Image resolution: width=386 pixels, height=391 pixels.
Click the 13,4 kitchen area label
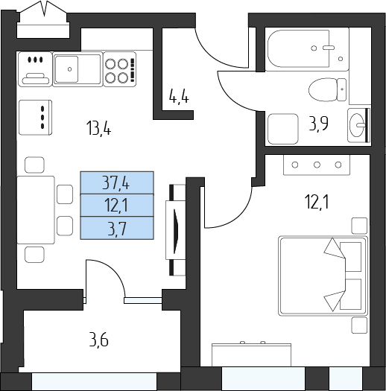98,127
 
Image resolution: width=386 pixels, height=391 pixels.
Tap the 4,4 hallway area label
179,97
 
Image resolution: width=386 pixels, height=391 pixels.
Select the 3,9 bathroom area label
318,124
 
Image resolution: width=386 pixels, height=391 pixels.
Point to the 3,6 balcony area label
99,340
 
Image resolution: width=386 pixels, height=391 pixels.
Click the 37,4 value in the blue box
116,184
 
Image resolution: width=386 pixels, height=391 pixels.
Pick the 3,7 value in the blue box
116,229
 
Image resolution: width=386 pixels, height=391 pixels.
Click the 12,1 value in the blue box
116,206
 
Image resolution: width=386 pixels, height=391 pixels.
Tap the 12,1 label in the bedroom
317,202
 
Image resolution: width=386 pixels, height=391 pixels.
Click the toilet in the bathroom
327,89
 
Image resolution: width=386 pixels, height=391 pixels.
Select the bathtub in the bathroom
308,49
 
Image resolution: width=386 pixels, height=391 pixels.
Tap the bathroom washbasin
358,125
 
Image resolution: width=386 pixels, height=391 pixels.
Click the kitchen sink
77,69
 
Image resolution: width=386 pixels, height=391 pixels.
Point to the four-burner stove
120,69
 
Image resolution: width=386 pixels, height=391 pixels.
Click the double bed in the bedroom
323,276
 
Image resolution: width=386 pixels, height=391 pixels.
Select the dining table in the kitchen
36,210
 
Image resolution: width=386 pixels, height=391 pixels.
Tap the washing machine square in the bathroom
283,129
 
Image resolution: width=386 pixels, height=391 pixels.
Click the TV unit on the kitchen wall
175,230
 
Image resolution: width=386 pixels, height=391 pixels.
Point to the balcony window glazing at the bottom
95,381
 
